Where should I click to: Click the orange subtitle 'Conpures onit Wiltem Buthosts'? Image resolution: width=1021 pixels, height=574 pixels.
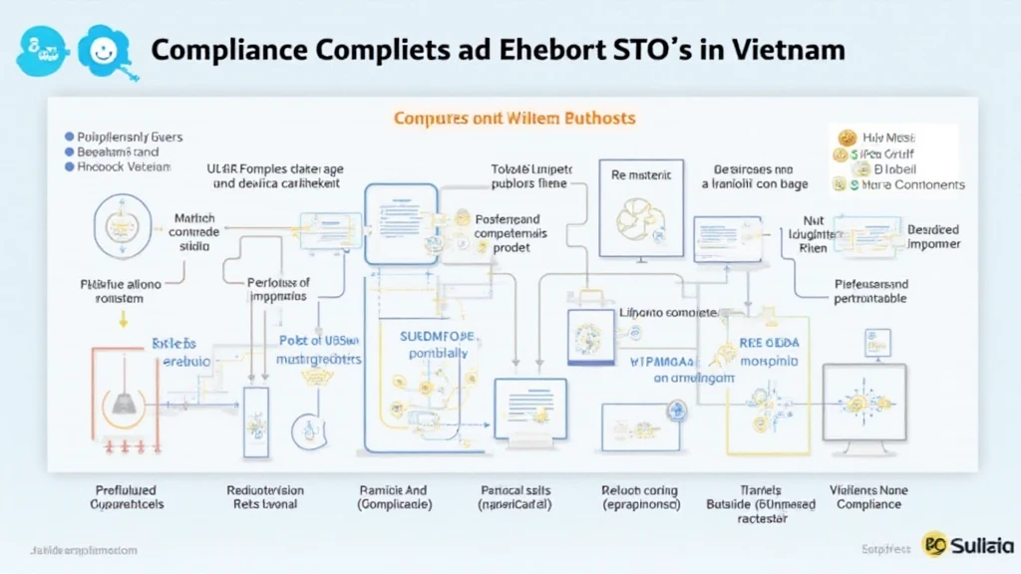pos(513,118)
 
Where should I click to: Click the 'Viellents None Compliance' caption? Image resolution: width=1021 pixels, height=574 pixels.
pos(867,498)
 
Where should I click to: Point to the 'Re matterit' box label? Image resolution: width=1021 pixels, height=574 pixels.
pos(641,174)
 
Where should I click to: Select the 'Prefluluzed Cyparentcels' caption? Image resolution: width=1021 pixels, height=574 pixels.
pos(125,498)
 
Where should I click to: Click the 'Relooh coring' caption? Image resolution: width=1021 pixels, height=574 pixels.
pos(640,490)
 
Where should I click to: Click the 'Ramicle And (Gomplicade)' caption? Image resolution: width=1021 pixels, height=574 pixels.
pos(395,498)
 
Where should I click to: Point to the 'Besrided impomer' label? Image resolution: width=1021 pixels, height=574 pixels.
pos(932,236)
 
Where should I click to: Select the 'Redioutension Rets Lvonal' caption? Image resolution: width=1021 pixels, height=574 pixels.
pos(265,498)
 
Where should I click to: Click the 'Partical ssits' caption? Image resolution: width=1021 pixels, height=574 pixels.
pos(516,490)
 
